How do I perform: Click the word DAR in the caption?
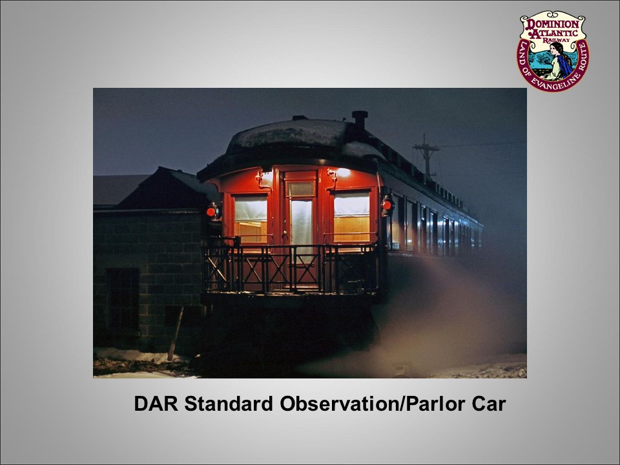coord(156,404)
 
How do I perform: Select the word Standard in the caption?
coord(229,404)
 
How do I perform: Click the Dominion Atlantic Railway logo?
coord(553,50)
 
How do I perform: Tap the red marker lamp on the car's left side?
coord(211,212)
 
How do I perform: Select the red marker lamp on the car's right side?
coord(387,205)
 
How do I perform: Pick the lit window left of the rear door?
coord(251,220)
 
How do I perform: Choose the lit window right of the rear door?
coord(351,216)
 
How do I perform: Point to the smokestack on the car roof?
coord(360,120)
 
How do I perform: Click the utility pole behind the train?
coord(426,156)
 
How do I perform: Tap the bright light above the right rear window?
coord(342,172)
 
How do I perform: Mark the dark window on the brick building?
coord(123,299)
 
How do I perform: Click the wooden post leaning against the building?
coord(176,333)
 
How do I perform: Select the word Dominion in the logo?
coord(553,24)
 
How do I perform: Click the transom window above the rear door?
coord(300,189)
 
